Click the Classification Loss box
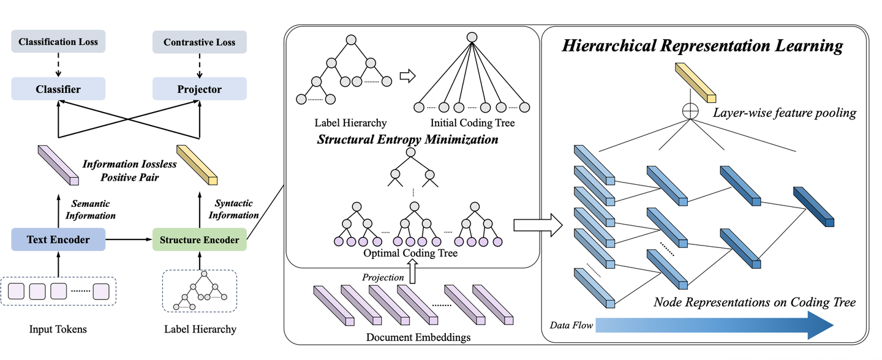click(58, 42)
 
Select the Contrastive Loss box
click(199, 42)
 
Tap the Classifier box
click(58, 89)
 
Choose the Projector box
click(199, 89)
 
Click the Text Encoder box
click(58, 239)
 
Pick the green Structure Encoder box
click(199, 239)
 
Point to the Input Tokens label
click(58, 329)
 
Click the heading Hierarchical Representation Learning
click(703, 46)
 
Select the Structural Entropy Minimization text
click(407, 140)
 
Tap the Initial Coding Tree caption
click(472, 122)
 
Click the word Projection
click(383, 277)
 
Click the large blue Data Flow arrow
click(710, 325)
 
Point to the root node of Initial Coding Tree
click(472, 37)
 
